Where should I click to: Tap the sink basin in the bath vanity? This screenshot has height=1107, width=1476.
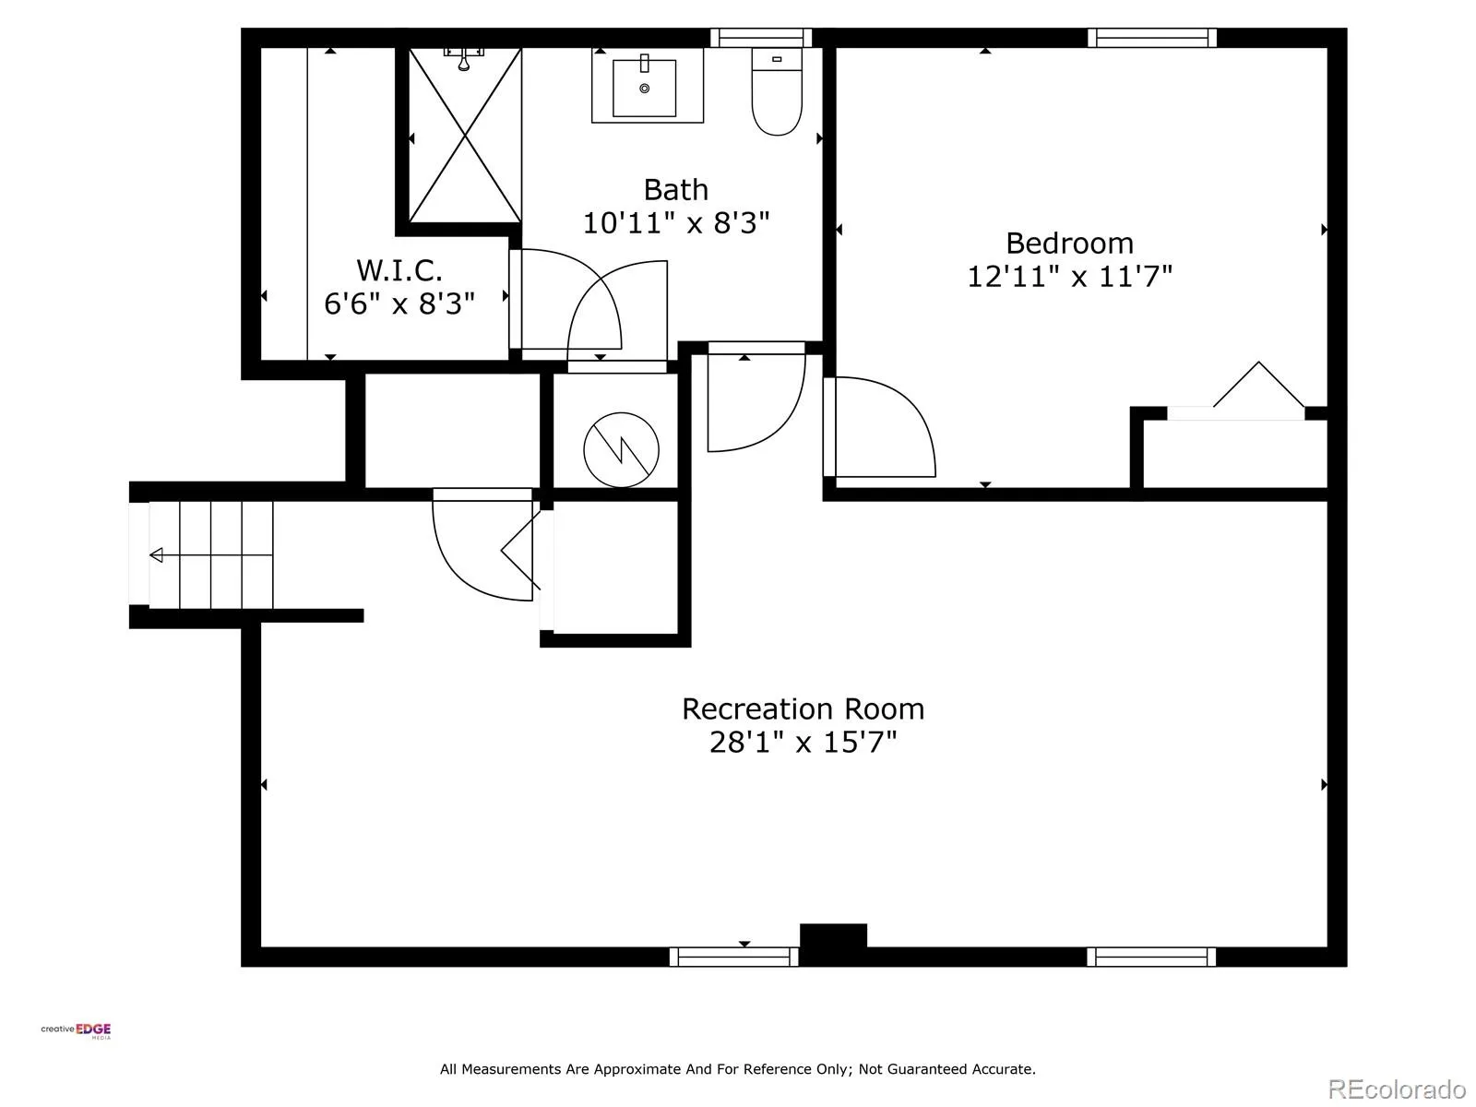pyautogui.click(x=644, y=88)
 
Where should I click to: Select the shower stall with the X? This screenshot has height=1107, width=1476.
pyautogui.click(x=465, y=135)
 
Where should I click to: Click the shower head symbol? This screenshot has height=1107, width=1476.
pyautogui.click(x=463, y=58)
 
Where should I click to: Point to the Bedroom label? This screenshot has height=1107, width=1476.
pyautogui.click(x=1069, y=244)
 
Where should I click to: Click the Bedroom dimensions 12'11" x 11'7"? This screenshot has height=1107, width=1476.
pyautogui.click(x=1069, y=276)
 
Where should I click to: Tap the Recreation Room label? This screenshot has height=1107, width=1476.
pyautogui.click(x=803, y=709)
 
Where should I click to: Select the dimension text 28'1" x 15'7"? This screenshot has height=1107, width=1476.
pyautogui.click(x=803, y=743)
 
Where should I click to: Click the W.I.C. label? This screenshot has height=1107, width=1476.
pyautogui.click(x=399, y=270)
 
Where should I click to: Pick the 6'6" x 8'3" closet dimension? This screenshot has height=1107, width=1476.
pyautogui.click(x=399, y=304)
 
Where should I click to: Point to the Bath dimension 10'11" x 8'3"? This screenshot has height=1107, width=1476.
pyautogui.click(x=676, y=223)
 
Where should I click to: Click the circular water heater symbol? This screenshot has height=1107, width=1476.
pyautogui.click(x=621, y=449)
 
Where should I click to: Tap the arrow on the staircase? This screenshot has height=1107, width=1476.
pyautogui.click(x=210, y=555)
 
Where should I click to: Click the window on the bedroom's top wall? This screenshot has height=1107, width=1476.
pyautogui.click(x=1152, y=38)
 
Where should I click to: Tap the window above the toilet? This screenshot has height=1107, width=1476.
pyautogui.click(x=761, y=38)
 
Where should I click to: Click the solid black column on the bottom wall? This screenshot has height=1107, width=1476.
pyautogui.click(x=832, y=935)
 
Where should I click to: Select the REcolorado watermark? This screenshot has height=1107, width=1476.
pyautogui.click(x=1398, y=1089)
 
